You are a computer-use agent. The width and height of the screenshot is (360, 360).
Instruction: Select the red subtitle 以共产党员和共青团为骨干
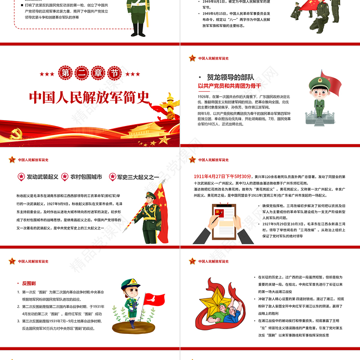click(x=229, y=85)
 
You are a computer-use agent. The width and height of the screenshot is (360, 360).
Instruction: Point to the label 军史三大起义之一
click(x=138, y=177)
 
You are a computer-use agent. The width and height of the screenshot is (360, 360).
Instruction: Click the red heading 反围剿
click(x=29, y=283)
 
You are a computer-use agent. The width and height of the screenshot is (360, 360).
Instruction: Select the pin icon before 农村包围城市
click(x=64, y=177)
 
